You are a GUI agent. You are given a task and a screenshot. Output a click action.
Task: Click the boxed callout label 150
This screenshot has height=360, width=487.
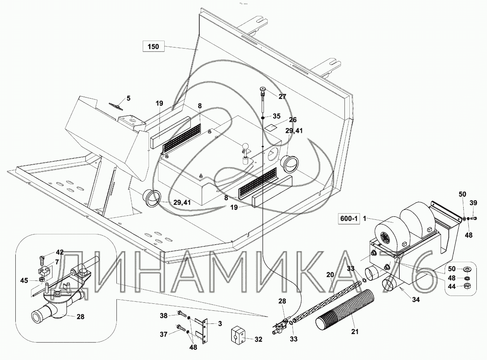point(153,47)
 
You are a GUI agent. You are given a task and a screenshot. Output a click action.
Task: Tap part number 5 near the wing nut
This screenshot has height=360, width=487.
point(128,98)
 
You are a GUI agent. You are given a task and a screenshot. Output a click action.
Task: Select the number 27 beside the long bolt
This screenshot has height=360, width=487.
point(282,97)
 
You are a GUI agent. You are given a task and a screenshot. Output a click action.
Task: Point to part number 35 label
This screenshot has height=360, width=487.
point(276,116)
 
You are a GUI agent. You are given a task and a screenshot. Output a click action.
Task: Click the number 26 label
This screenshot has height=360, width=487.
point(292,120)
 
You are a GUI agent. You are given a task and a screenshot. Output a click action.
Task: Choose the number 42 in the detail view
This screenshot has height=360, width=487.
point(60,252)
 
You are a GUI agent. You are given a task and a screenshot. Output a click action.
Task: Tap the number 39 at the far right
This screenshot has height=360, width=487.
point(473,203)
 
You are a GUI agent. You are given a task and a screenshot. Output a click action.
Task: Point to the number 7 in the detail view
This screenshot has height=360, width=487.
point(57,262)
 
